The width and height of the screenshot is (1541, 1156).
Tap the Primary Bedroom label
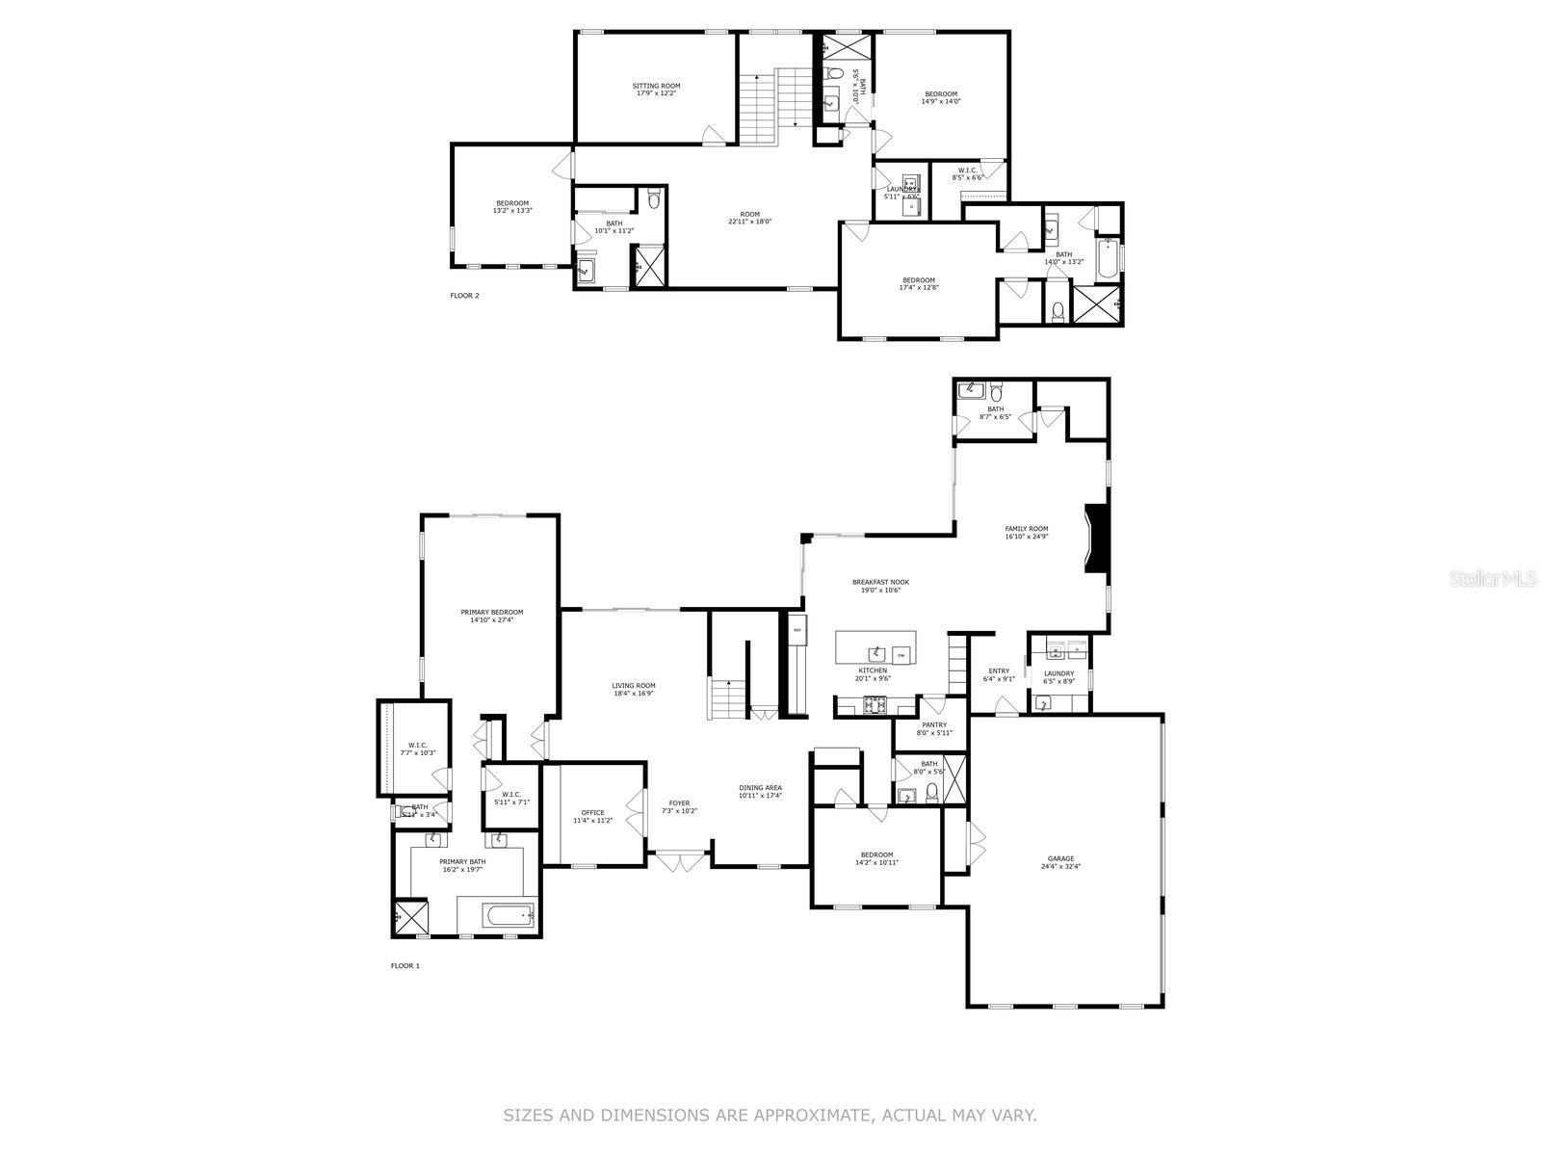coord(491,616)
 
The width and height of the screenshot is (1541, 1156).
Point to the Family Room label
coord(1026,532)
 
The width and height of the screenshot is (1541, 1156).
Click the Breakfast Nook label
coord(880,586)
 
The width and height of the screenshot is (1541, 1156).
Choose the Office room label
coord(592,816)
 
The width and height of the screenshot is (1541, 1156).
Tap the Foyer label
coord(680,806)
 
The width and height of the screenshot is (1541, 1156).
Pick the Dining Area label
coord(760,791)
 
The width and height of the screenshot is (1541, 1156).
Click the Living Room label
coord(633,689)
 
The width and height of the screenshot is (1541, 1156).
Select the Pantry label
coord(933,728)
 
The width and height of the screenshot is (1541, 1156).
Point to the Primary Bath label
coord(462,865)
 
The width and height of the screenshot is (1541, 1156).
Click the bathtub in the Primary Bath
coord(495,914)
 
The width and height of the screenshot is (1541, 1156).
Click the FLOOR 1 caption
coord(405,965)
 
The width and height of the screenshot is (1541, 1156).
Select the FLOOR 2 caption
coord(464,296)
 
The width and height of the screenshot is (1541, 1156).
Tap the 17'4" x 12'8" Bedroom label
coord(918,283)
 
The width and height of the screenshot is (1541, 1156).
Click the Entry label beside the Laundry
coord(999,674)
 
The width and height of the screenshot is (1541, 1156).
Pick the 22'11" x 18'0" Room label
coord(749,218)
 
